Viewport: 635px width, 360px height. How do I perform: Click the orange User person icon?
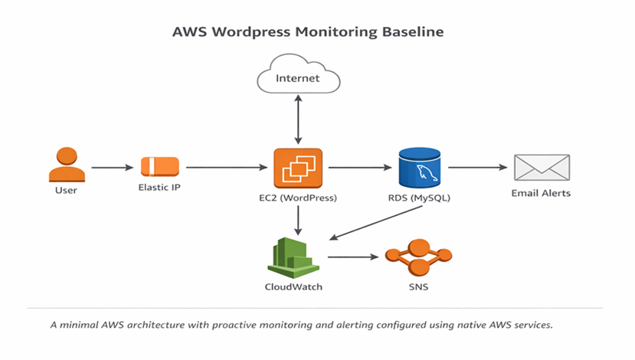point(66,165)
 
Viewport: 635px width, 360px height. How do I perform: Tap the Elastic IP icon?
point(159,166)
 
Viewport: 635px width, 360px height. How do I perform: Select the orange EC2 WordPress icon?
point(299,167)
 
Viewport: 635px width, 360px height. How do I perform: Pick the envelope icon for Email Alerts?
point(540,167)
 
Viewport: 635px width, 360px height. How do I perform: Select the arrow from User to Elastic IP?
point(112,166)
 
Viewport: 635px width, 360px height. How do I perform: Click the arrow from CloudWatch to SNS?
point(355,257)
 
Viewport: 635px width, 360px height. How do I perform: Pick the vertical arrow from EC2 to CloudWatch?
point(299,220)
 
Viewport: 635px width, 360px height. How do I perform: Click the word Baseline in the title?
point(411,33)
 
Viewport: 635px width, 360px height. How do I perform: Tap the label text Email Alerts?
point(541,193)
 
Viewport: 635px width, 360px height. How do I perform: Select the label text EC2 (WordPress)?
point(299,198)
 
